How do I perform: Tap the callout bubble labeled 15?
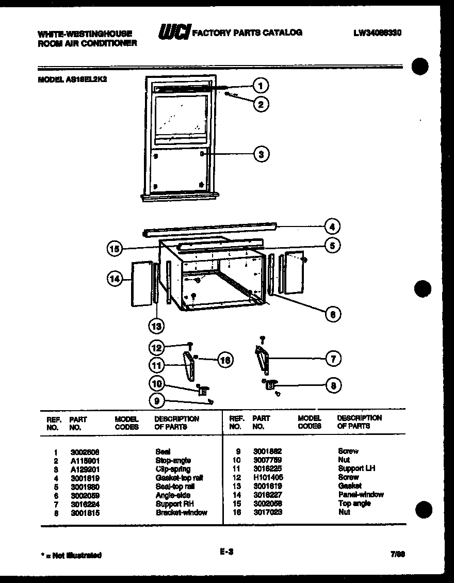[115, 249]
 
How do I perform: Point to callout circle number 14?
[115, 279]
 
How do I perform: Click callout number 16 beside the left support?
[223, 360]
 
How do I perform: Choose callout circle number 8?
[333, 385]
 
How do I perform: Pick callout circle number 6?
[333, 314]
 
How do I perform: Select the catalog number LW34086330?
[377, 33]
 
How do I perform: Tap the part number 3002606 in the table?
[82, 451]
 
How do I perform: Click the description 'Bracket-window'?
[181, 513]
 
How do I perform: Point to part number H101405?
[268, 477]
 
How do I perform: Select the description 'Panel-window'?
[361, 495]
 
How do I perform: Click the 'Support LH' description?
[356, 468]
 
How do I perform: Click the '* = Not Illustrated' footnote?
[71, 556]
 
